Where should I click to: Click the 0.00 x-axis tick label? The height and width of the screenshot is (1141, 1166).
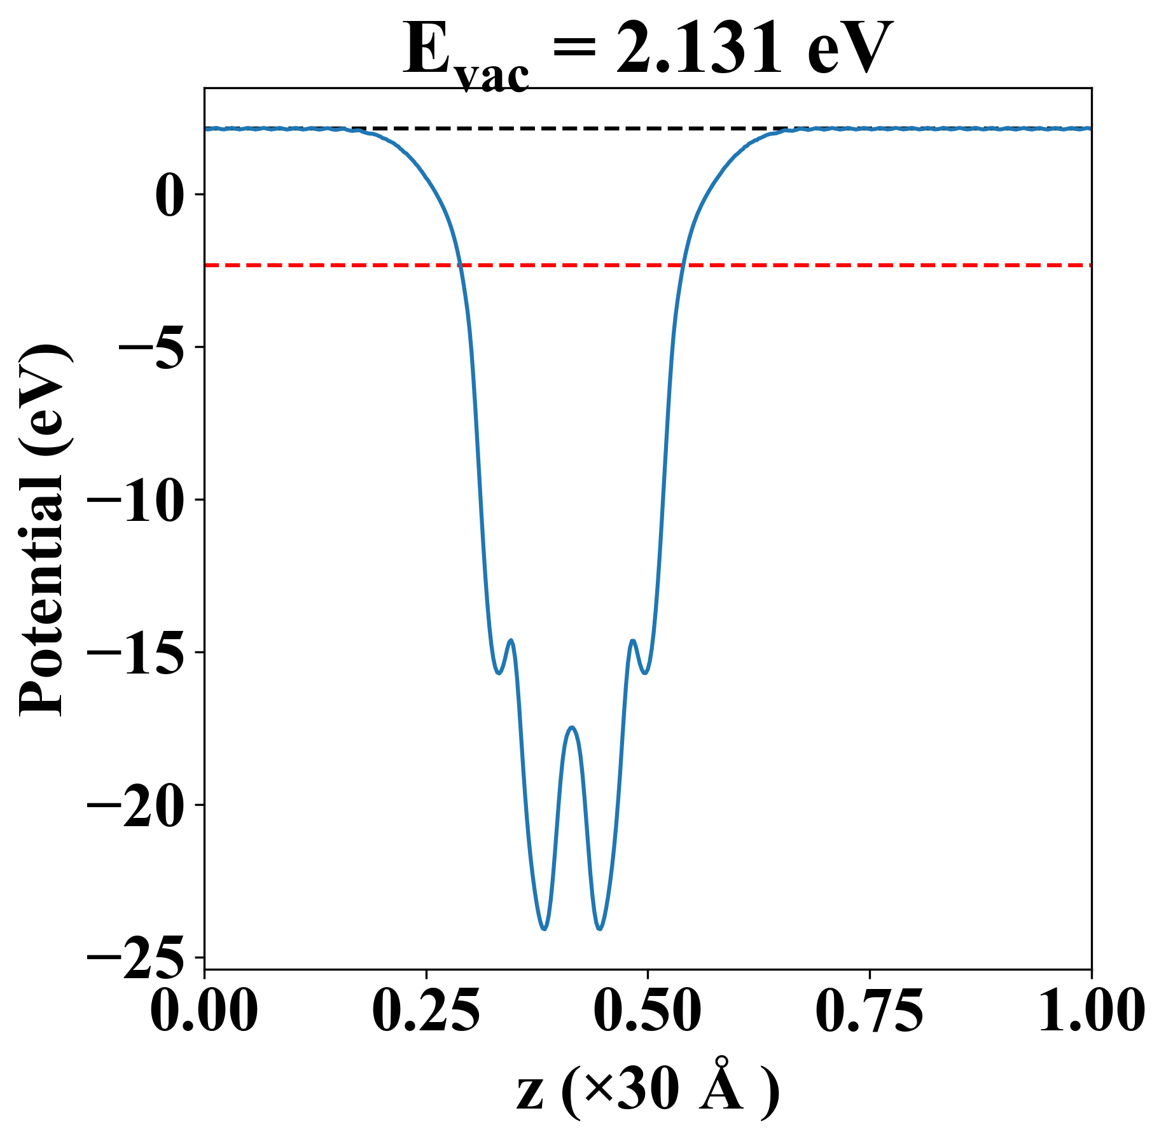pyautogui.click(x=204, y=1011)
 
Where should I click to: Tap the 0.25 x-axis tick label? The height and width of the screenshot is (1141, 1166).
pyautogui.click(x=426, y=1011)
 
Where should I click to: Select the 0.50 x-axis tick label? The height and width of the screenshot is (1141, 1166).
pyautogui.click(x=648, y=1011)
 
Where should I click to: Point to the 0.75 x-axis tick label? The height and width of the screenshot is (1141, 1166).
pyautogui.click(x=869, y=1011)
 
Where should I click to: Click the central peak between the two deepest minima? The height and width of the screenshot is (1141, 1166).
pyautogui.click(x=573, y=727)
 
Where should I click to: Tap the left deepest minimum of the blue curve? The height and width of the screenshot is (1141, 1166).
pyautogui.click(x=545, y=929)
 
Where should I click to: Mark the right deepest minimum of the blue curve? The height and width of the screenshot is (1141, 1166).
pyautogui.click(x=599, y=929)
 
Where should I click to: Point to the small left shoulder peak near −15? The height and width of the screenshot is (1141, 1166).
pyautogui.click(x=511, y=640)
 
